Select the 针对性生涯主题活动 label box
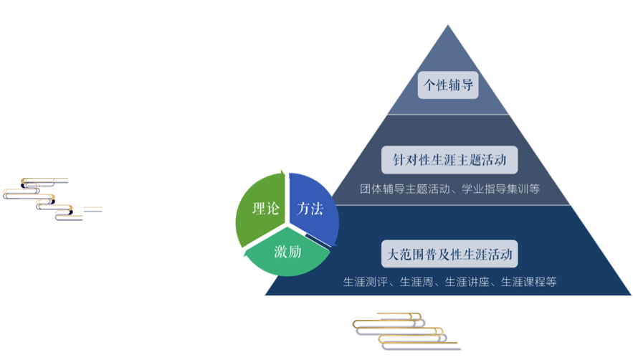pyautogui.click(x=449, y=159)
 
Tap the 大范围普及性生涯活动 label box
pyautogui.click(x=449, y=255)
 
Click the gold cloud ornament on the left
pyautogui.click(x=52, y=199)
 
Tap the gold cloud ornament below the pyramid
pyautogui.click(x=406, y=331)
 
